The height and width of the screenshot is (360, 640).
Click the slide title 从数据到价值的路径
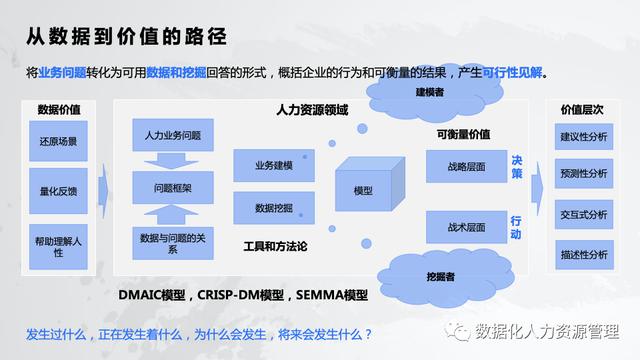pyautogui.click(x=125, y=37)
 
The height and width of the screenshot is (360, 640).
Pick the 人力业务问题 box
pyautogui.click(x=172, y=133)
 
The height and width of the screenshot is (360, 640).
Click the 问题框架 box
pyautogui.click(x=172, y=187)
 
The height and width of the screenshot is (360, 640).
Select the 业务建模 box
pyautogui.click(x=273, y=165)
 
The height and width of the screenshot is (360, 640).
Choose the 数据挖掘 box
pyautogui.click(x=273, y=207)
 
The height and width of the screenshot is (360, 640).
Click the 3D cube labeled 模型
pyautogui.click(x=364, y=188)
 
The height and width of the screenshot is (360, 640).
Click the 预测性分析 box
pyautogui.click(x=584, y=173)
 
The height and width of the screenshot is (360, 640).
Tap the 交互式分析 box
pyautogui.click(x=584, y=214)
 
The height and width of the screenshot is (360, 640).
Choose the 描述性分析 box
pyautogui.click(x=584, y=255)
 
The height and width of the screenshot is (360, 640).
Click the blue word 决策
pyautogui.click(x=516, y=166)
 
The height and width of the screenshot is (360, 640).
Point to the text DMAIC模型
pyautogui.click(x=153, y=296)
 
